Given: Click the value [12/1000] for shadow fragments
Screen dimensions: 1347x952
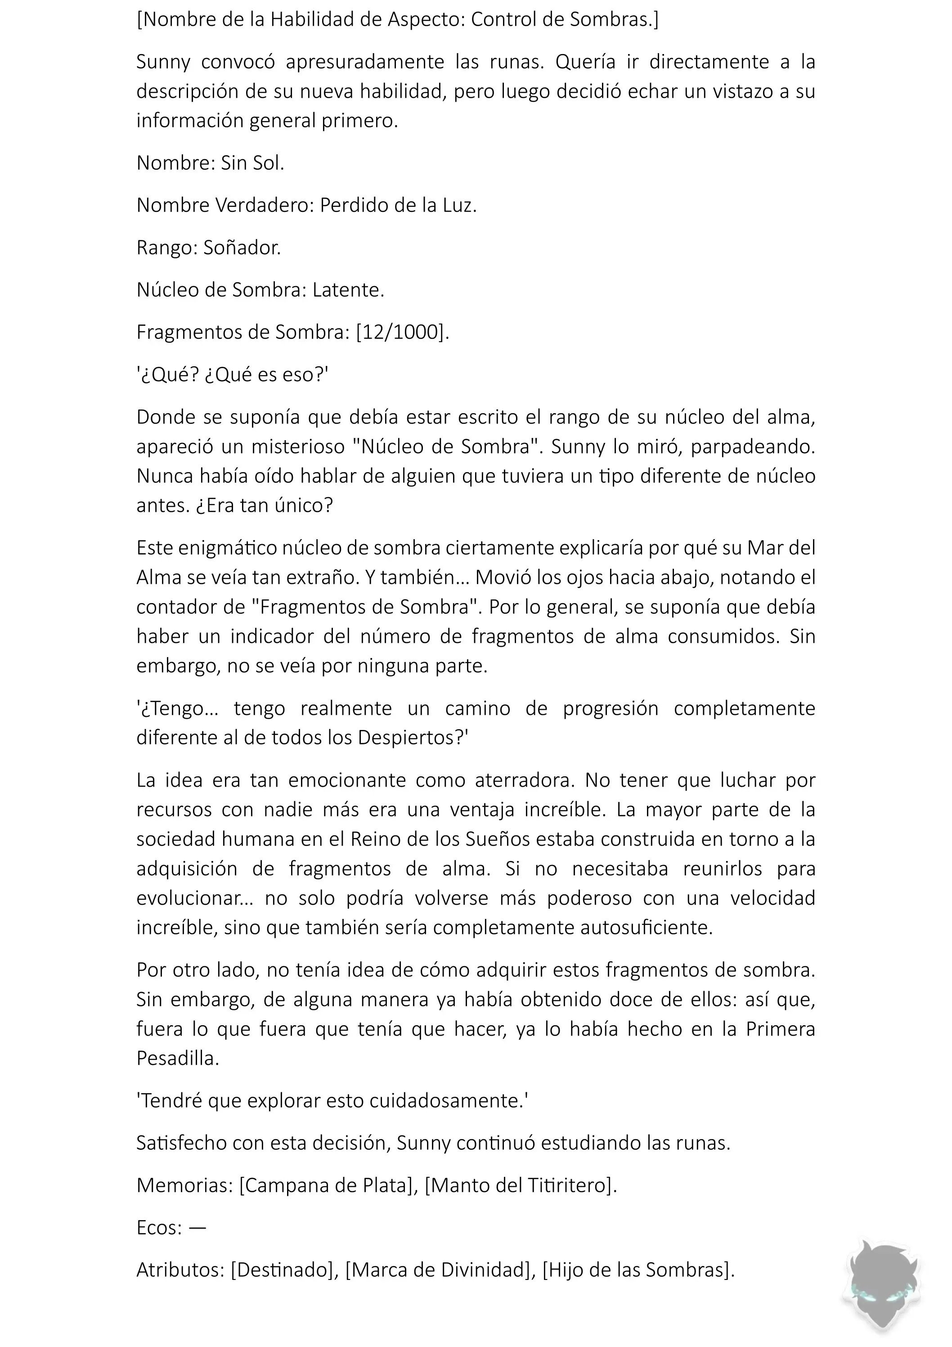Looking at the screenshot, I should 402,332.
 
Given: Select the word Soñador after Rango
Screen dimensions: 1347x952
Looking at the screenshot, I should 242,248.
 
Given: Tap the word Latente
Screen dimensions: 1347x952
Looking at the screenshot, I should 348,290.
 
